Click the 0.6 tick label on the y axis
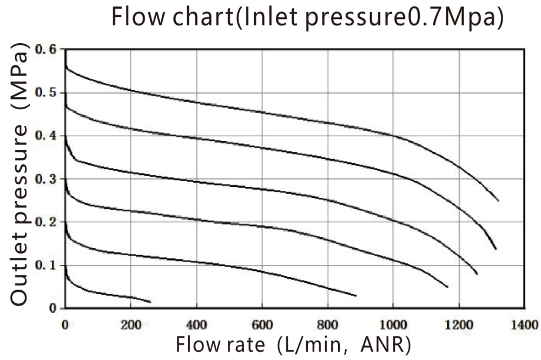(45, 50)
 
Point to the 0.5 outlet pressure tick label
(45, 92)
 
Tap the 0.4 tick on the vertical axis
(45, 136)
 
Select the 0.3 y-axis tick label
(45, 179)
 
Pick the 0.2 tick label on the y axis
(45, 222)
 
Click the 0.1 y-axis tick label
(45, 265)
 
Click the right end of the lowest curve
(150, 302)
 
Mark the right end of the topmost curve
(498, 201)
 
